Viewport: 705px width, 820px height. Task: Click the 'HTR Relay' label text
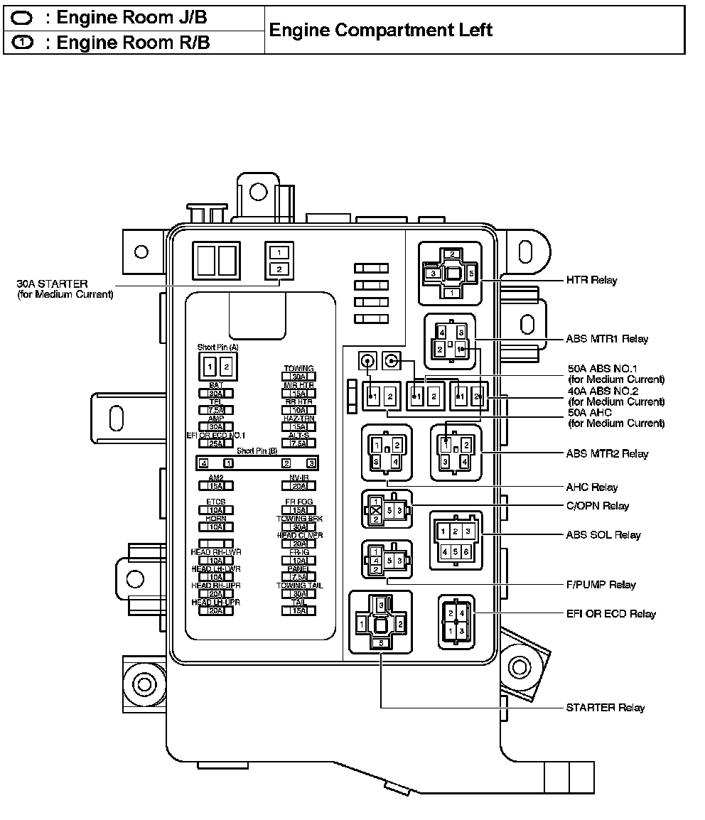[x=592, y=281]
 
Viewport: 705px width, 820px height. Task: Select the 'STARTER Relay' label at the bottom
[x=606, y=708]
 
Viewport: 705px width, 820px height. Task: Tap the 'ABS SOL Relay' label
[x=603, y=535]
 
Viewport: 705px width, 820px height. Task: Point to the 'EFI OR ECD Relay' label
[x=611, y=614]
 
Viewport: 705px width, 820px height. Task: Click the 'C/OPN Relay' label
[x=598, y=506]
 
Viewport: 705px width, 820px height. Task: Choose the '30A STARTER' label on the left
[x=53, y=284]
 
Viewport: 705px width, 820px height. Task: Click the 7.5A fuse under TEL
[x=216, y=410]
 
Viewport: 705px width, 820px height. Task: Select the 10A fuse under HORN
[x=216, y=527]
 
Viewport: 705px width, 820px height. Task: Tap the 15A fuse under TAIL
[x=299, y=610]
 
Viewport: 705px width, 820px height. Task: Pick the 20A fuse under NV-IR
[x=299, y=486]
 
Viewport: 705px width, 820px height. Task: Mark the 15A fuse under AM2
[x=216, y=486]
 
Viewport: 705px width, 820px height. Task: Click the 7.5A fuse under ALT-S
[x=299, y=443]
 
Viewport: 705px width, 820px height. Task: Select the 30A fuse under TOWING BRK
[x=299, y=527]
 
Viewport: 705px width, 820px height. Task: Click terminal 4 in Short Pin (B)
[x=204, y=463]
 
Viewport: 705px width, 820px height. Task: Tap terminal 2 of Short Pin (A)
[x=226, y=367]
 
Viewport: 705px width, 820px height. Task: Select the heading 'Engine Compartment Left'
[x=381, y=31]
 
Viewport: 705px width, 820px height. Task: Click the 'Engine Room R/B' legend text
[x=133, y=43]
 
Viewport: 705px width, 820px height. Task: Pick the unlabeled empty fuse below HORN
[x=216, y=544]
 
